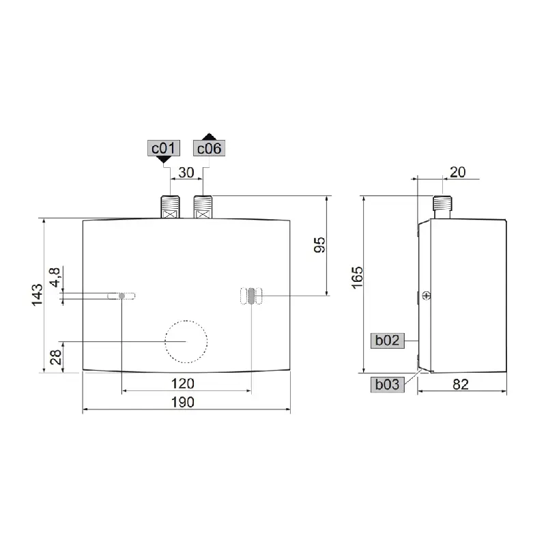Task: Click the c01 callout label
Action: coord(163,148)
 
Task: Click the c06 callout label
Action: coord(209,148)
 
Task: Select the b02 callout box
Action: coord(387,340)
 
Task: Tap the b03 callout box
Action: coord(387,384)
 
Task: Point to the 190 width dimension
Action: coord(183,402)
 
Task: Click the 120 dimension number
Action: coord(183,384)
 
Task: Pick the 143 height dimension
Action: coord(38,295)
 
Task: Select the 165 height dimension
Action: coord(357,278)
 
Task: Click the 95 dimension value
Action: coord(319,245)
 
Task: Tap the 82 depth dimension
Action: coord(461,384)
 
